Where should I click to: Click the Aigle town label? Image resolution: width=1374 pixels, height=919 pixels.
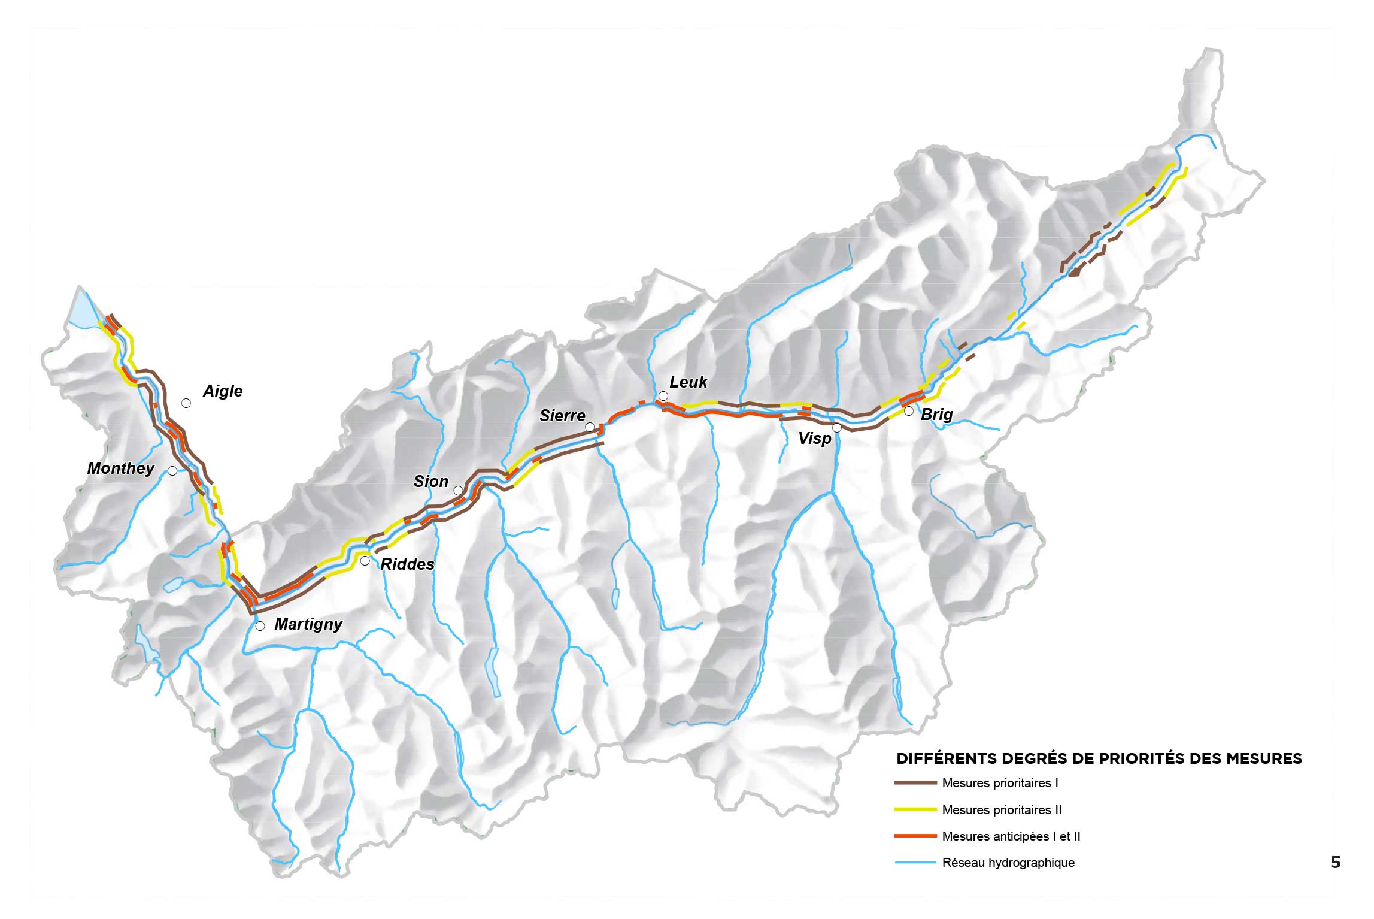223,391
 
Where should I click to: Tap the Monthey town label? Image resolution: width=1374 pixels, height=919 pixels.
120,468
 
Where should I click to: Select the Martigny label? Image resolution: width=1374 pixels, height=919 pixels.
308,624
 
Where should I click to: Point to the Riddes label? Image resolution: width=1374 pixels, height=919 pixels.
407,564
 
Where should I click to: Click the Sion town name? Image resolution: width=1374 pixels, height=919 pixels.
430,482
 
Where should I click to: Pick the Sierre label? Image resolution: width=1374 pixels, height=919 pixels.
562,416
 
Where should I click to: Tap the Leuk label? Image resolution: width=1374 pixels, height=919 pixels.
688,382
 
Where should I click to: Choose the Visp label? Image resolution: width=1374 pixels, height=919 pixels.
814,439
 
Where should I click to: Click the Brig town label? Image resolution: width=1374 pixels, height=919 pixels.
936,415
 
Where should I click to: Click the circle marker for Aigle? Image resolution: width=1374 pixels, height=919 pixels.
186,403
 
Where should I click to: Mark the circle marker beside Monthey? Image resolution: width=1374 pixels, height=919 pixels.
172,471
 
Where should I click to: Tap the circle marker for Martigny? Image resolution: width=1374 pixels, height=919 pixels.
260,626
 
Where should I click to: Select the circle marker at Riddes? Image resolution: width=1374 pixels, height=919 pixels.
365,561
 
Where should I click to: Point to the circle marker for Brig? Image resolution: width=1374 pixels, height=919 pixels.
908,411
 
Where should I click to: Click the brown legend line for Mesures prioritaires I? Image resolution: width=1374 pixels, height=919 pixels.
915,783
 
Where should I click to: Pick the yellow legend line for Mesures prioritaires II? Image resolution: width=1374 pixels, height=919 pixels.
915,810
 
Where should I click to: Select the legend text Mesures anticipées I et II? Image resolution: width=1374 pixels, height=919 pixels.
1011,836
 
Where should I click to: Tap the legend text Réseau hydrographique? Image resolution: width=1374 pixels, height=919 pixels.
1008,863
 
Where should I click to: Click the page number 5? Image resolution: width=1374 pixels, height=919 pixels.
1335,863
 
